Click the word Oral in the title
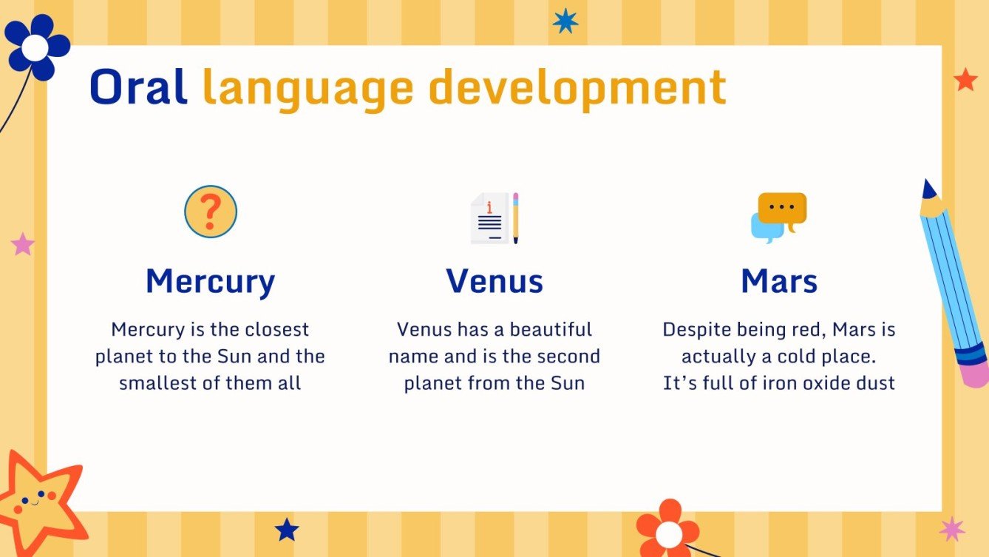pyautogui.click(x=138, y=87)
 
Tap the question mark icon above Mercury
pyautogui.click(x=211, y=212)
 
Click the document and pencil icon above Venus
pyautogui.click(x=494, y=217)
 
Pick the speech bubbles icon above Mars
pyautogui.click(x=778, y=217)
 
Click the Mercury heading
pyautogui.click(x=211, y=281)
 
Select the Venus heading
pyautogui.click(x=494, y=281)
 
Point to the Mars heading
pyautogui.click(x=779, y=281)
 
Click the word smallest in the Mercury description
pyautogui.click(x=154, y=384)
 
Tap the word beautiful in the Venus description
pyautogui.click(x=551, y=329)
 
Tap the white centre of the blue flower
pyautogui.click(x=34, y=47)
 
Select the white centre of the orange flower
pyautogui.click(x=668, y=533)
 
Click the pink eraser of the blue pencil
pyautogui.click(x=976, y=374)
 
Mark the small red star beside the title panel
pyautogui.click(x=965, y=79)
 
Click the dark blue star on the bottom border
pyautogui.click(x=287, y=529)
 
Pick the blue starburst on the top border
pyautogui.click(x=565, y=21)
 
